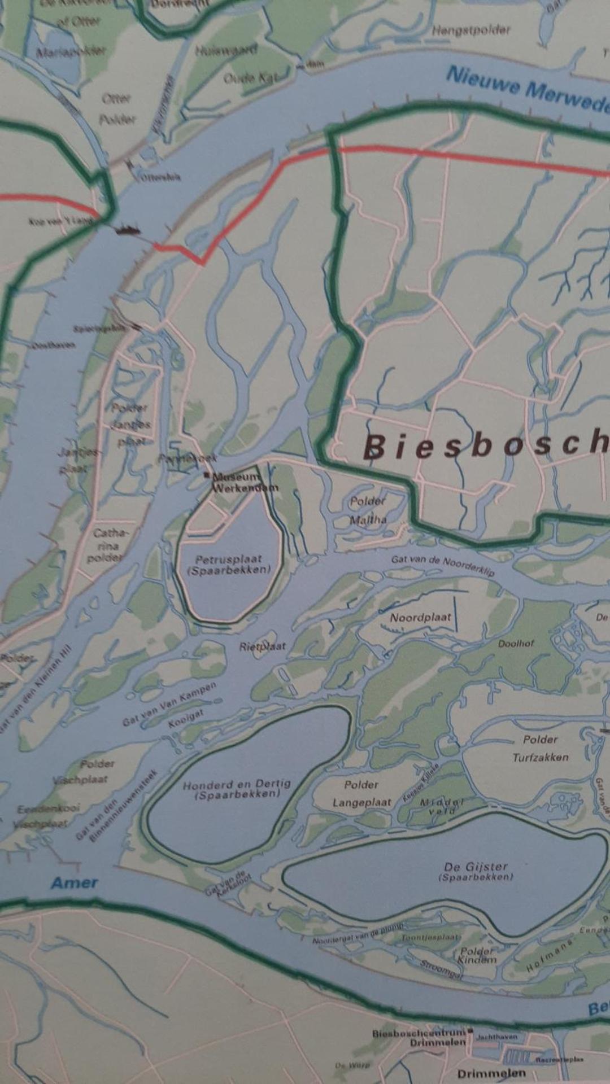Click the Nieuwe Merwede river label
click(x=528, y=90)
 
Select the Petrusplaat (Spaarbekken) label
click(x=229, y=565)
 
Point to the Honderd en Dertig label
click(x=237, y=788)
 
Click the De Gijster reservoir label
click(x=476, y=871)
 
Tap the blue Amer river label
click(x=75, y=882)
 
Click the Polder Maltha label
click(x=368, y=510)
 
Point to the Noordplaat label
click(x=420, y=618)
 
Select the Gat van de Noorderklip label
click(x=443, y=565)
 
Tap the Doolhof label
click(x=516, y=643)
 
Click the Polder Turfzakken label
click(x=541, y=748)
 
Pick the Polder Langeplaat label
click(x=361, y=793)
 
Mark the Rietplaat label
click(x=262, y=646)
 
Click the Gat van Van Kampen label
click(x=169, y=703)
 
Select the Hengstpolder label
click(x=470, y=30)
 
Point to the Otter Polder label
click(x=117, y=109)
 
